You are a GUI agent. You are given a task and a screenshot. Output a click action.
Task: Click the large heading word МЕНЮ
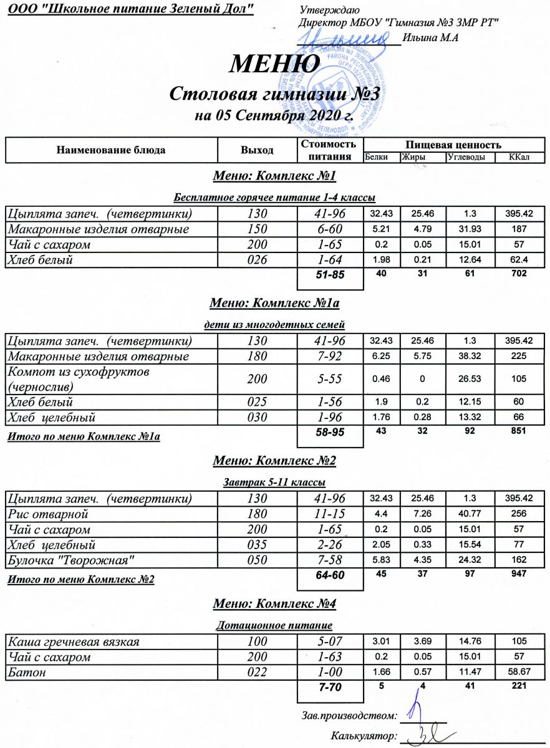click(276, 64)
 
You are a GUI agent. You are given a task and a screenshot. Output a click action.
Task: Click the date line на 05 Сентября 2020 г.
click(274, 116)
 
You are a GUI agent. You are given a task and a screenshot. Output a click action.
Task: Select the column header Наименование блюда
click(111, 150)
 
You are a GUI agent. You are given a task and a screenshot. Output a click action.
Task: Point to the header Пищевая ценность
click(454, 144)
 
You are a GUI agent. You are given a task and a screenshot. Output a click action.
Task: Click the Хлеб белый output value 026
click(257, 260)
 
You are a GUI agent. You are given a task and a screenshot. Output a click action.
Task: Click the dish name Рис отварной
click(47, 514)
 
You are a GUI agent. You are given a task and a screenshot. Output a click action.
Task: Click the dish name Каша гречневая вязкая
click(73, 641)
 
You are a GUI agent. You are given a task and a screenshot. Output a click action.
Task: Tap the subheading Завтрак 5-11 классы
click(274, 482)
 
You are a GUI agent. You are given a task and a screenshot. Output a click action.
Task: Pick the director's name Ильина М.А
click(431, 38)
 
